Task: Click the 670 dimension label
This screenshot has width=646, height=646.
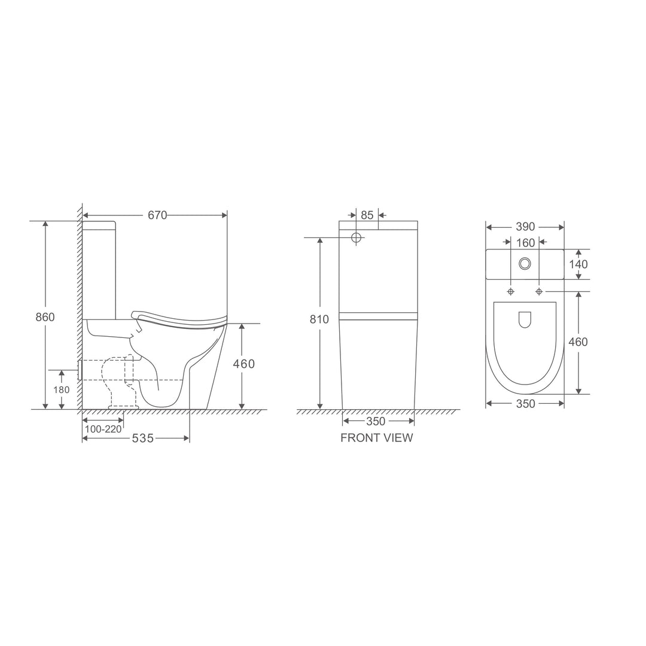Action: tap(157, 215)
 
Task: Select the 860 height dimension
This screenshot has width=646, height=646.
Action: tap(45, 317)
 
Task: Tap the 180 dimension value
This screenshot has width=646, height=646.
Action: tap(62, 389)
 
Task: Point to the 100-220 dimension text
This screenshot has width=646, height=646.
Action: tap(103, 429)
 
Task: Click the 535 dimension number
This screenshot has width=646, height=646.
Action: tap(142, 438)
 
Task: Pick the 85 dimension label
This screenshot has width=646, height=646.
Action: tap(367, 215)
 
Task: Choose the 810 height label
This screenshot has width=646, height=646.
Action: tap(319, 319)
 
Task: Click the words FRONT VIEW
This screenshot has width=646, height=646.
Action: tap(377, 437)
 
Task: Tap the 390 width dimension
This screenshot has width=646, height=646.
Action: tap(525, 227)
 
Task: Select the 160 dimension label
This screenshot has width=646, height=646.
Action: tap(525, 243)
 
